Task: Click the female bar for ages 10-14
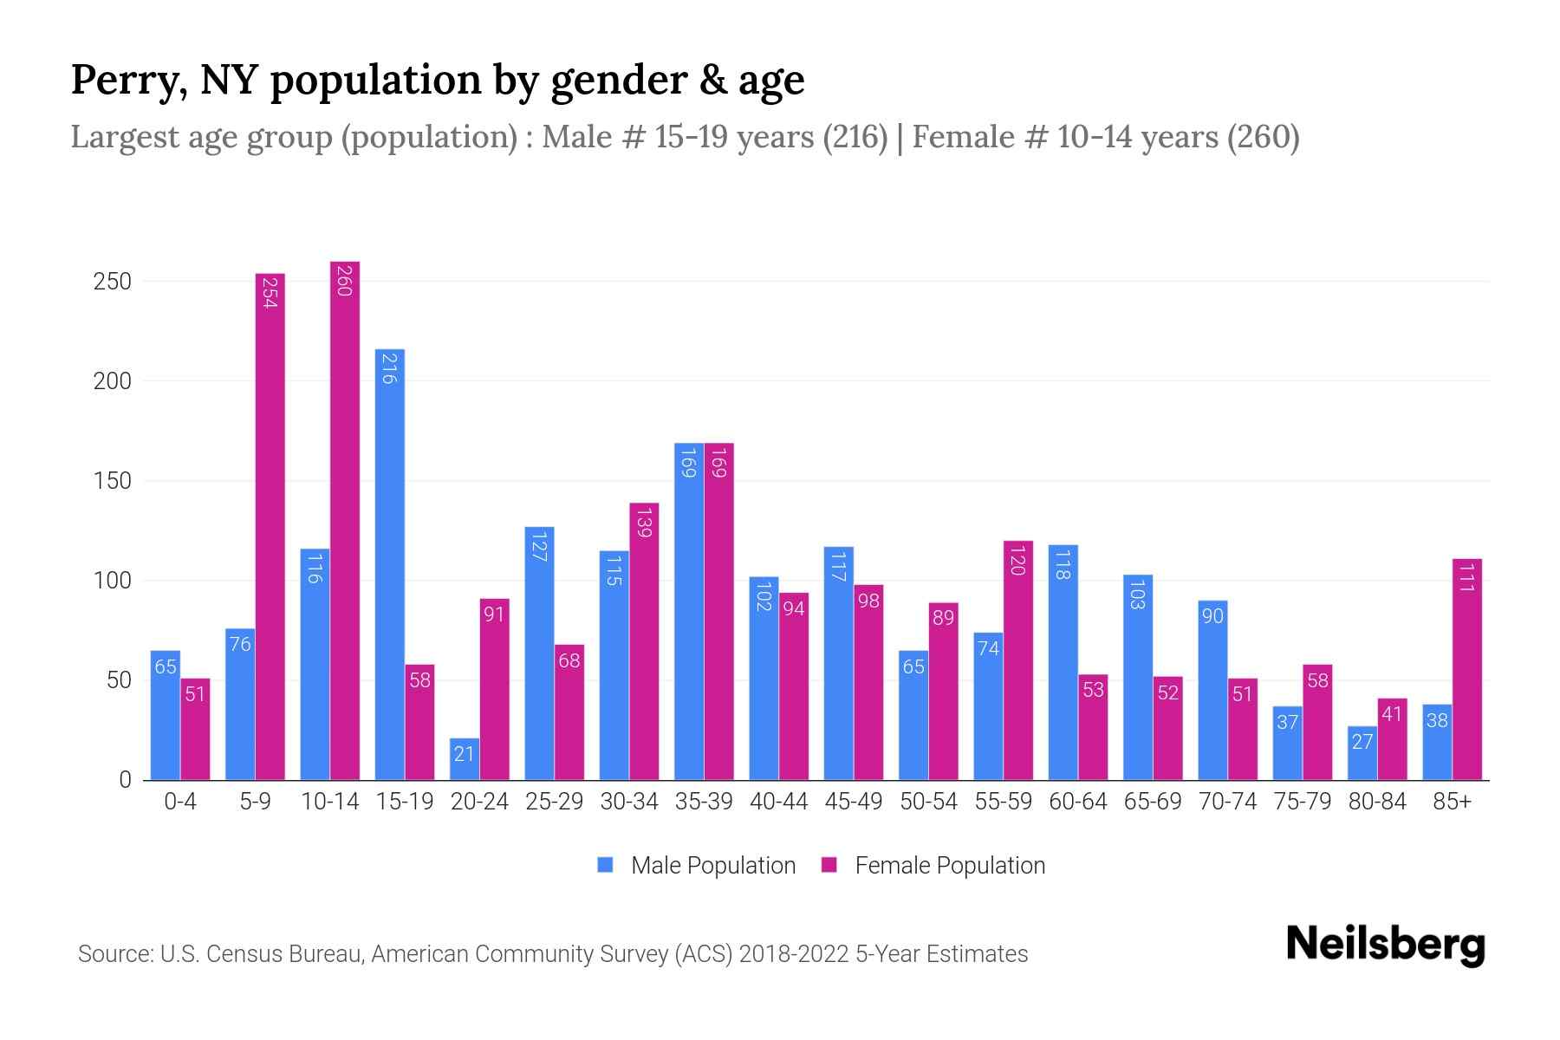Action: (x=345, y=520)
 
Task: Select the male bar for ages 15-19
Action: (x=389, y=563)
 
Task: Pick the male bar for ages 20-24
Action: (x=465, y=758)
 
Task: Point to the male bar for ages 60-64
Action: (x=1063, y=662)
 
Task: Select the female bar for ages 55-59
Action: (x=1018, y=660)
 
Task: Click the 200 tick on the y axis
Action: (x=113, y=381)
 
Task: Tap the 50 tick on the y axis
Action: (x=119, y=680)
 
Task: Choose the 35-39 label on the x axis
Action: (x=704, y=802)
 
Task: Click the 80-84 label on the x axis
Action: (x=1377, y=802)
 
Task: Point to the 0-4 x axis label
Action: (x=180, y=802)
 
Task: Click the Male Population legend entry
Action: (x=712, y=866)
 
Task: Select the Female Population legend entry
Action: (x=949, y=866)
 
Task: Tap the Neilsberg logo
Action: (x=1385, y=946)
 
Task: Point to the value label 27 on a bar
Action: (x=1362, y=742)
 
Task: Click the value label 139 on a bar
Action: (x=644, y=523)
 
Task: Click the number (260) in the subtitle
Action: (x=1263, y=137)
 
